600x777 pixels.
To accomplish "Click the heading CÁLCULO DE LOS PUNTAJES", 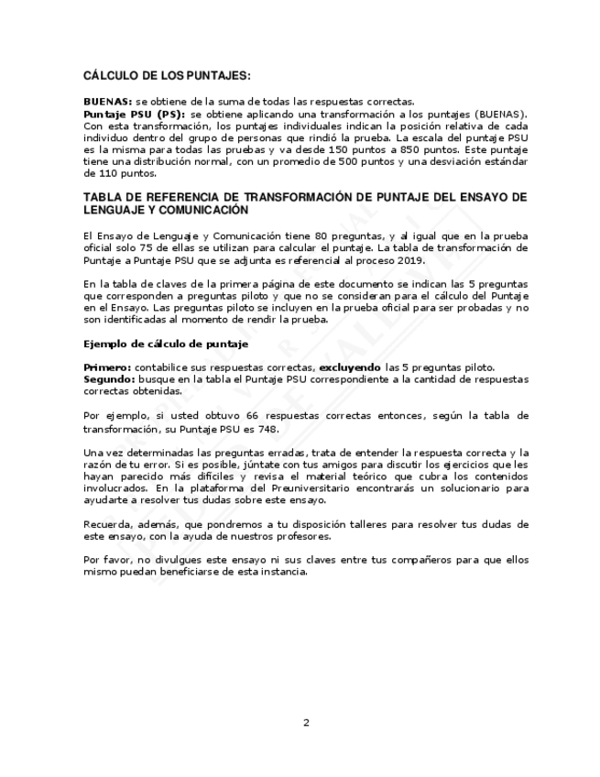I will coord(166,76).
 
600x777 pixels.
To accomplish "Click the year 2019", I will coord(387,259).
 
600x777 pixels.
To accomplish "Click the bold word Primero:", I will coord(106,367).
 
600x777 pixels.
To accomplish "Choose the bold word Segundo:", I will coord(108,378).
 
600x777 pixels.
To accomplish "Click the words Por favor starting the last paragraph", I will coord(103,560).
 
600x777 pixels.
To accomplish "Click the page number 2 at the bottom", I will coord(306,722).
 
